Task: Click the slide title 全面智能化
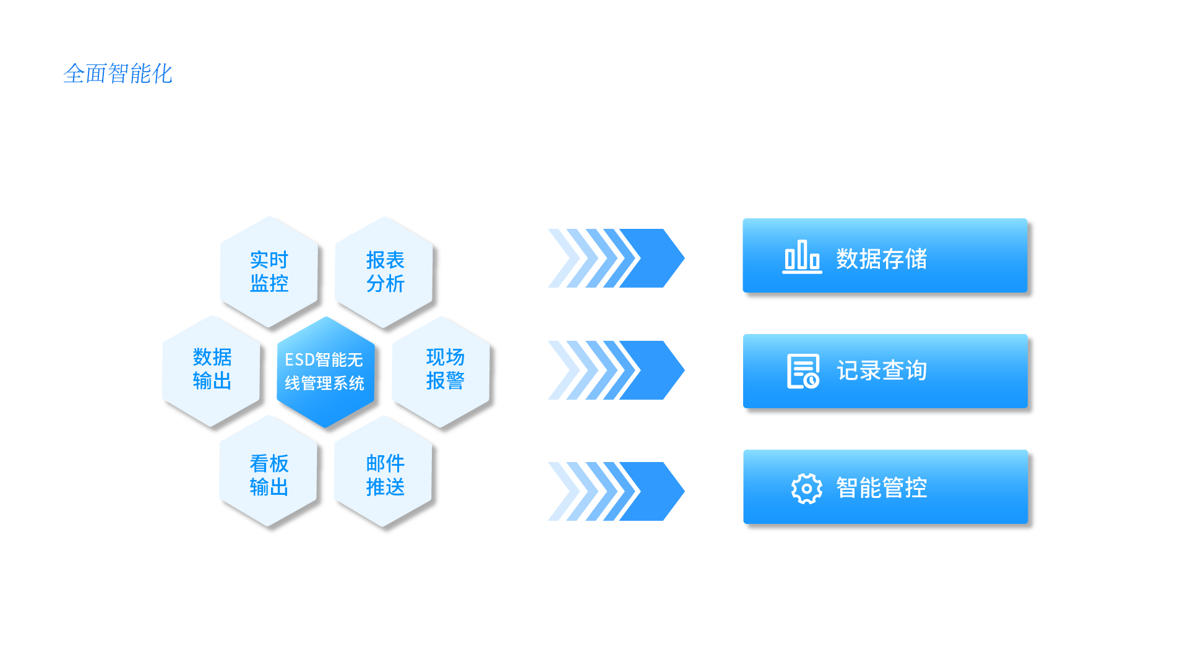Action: tap(118, 74)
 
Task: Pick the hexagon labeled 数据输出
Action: tap(212, 369)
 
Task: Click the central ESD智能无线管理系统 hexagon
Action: tap(325, 371)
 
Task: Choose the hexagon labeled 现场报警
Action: tap(445, 369)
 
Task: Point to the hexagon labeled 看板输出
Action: tap(269, 474)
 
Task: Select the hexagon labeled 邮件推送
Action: tap(385, 474)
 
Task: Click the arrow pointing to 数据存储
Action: tap(616, 258)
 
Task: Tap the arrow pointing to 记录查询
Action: tap(616, 370)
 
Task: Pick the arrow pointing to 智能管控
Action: tap(616, 491)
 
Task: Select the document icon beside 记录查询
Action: tap(803, 371)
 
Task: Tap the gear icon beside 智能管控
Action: tap(806, 489)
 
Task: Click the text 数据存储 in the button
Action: tap(881, 259)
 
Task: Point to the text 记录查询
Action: tap(881, 370)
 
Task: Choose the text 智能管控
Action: tap(881, 487)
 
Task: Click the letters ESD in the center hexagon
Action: tap(299, 360)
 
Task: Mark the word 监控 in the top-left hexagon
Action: tap(269, 283)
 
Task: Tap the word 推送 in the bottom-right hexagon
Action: tap(385, 487)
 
